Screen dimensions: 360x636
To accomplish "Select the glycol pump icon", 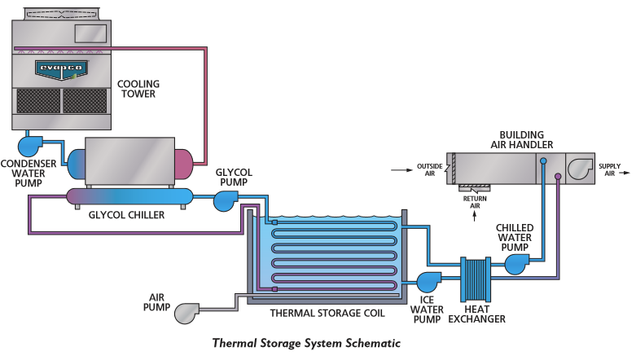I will [x=225, y=200].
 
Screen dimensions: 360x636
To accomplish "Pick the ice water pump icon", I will [x=428, y=282].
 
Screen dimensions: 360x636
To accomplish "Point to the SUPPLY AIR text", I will [x=610, y=170].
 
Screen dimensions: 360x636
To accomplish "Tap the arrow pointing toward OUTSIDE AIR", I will [x=398, y=170].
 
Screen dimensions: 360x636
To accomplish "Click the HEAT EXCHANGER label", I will [x=476, y=314].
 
